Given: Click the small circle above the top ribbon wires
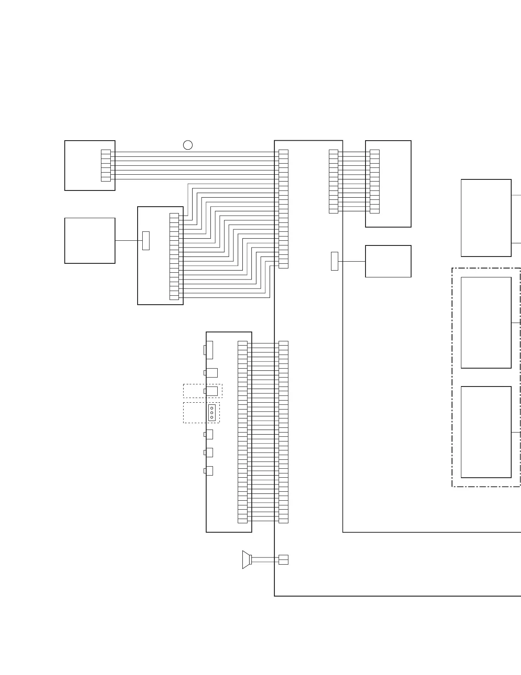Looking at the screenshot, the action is (188, 145).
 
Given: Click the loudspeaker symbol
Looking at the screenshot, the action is (246, 560).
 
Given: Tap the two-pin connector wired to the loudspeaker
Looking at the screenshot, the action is (283, 560).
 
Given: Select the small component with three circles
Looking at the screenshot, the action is (212, 412).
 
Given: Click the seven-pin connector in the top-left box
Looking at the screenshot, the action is (106, 165).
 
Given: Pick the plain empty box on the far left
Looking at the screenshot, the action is (90, 241).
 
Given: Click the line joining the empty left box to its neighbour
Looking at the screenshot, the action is (128, 241).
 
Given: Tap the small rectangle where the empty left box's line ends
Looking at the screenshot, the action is (146, 241).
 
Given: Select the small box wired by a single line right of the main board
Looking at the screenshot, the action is (388, 261).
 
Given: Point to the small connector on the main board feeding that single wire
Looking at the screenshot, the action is (334, 261).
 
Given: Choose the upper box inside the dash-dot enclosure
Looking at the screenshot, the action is (486, 323).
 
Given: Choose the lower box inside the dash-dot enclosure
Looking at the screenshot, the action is (486, 432).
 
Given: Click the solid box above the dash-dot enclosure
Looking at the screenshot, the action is (486, 218).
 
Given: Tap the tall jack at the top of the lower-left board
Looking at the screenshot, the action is (209, 350).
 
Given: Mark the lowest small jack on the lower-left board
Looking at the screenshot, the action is (209, 471).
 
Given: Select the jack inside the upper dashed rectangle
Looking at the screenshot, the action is (211, 391).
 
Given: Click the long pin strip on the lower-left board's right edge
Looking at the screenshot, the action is (242, 432).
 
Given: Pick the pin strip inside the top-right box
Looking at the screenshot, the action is (374, 182).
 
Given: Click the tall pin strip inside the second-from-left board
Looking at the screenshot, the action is (174, 257).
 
